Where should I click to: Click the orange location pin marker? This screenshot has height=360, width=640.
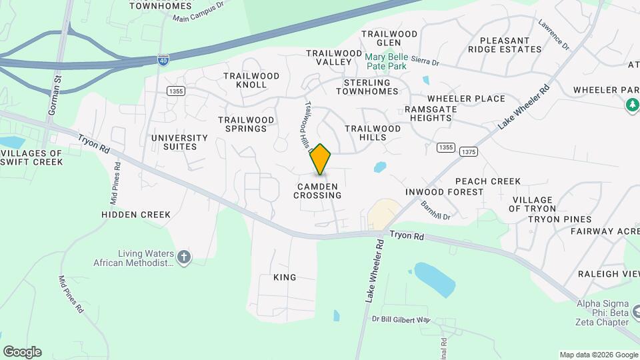pos(321,159)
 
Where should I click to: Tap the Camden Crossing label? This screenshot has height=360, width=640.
pos(317,191)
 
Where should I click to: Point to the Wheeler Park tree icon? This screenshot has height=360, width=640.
pos(631,105)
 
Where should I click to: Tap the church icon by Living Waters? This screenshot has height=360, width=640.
pos(185,256)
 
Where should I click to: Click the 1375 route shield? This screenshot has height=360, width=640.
pos(468,152)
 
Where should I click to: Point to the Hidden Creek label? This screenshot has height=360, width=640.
pos(136,215)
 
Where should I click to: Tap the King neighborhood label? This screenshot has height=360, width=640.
pos(285,277)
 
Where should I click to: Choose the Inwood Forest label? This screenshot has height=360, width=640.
pos(444,192)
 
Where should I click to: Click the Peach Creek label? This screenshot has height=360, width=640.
pos(487,181)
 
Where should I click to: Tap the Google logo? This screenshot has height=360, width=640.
pos(22,352)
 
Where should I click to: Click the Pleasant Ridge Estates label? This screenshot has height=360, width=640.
pos(505,45)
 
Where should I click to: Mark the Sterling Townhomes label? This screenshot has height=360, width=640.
pos(371,87)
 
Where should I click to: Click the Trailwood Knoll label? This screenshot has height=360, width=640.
pos(251,80)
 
